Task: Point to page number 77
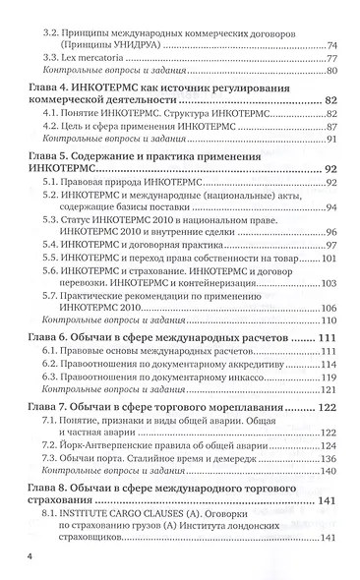331,58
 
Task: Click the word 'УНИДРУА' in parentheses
139,45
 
